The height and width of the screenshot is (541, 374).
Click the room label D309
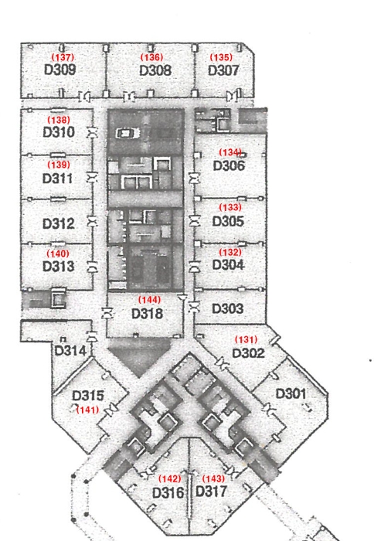point(59,70)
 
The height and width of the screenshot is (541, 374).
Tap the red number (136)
point(151,57)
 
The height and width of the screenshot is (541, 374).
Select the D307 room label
point(223,70)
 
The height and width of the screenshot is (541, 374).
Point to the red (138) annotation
point(59,120)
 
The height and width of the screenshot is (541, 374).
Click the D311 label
point(58,179)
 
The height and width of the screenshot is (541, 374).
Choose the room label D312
point(58,223)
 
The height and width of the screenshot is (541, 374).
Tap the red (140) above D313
point(58,253)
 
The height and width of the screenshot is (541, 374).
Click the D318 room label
point(148,314)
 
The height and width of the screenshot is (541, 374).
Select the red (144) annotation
point(149,300)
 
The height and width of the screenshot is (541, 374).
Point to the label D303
point(228,308)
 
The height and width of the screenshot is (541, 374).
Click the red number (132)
point(230,252)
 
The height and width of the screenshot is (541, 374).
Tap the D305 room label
point(228,221)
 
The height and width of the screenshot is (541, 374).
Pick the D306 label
point(229,165)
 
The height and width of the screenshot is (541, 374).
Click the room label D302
point(248,353)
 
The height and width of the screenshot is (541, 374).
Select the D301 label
point(291,393)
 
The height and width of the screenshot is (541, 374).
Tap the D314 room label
point(70,351)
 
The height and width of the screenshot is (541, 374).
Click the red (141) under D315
point(87,410)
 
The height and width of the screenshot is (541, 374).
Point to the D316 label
point(168,493)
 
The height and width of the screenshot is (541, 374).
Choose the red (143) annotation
point(213,478)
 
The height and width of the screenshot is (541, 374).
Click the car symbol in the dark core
point(127,133)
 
